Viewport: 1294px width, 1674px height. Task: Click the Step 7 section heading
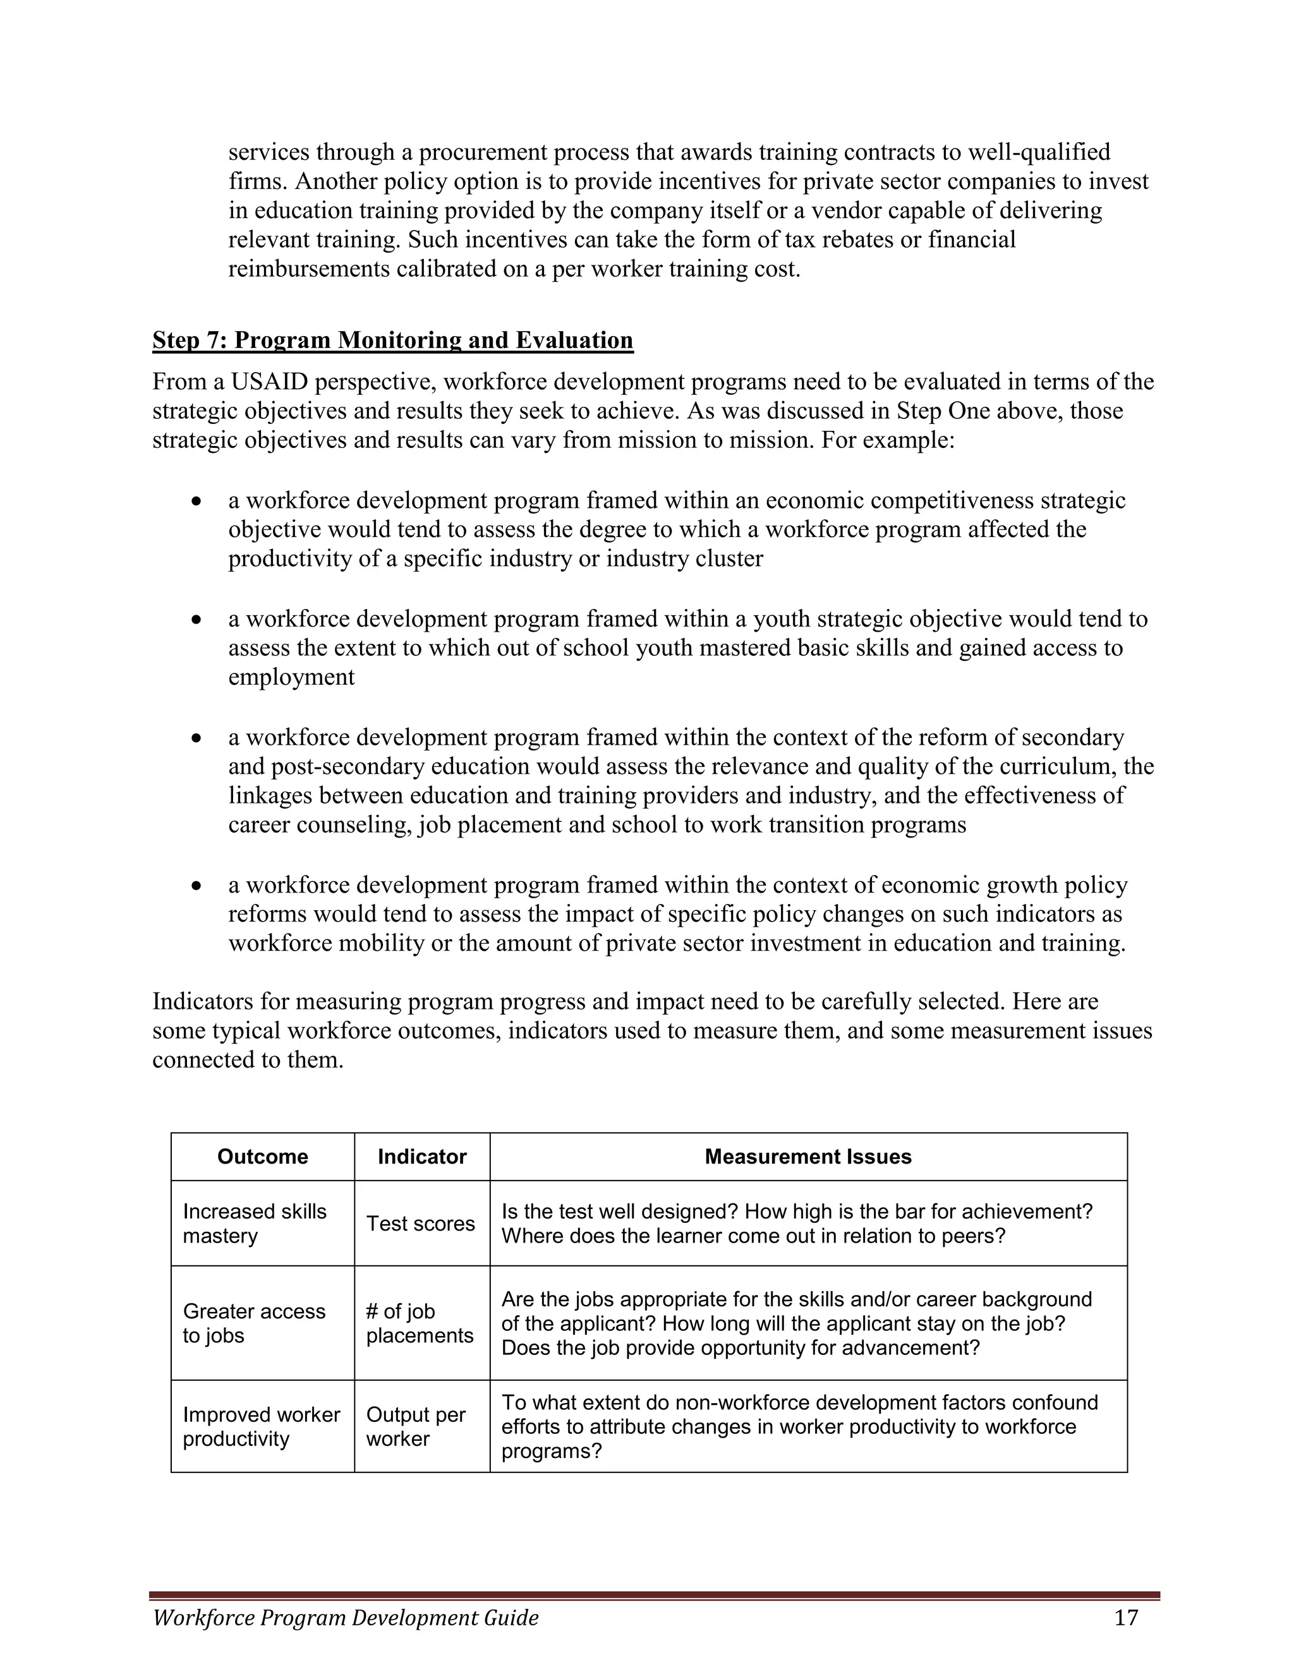[392, 340]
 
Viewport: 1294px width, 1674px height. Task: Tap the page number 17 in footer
[1126, 1617]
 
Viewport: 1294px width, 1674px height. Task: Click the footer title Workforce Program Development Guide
[346, 1618]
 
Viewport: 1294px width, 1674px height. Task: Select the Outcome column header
[262, 1157]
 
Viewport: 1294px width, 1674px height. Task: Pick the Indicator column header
[421, 1157]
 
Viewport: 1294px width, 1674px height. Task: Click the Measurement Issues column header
[808, 1157]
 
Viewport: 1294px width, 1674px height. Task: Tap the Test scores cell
[420, 1224]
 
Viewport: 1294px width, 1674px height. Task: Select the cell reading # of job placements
[420, 1323]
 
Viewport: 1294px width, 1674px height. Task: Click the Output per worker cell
[416, 1426]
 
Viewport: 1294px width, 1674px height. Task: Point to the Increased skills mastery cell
[255, 1224]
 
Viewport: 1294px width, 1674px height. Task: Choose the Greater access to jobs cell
[254, 1323]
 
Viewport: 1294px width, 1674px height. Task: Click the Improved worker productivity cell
[261, 1426]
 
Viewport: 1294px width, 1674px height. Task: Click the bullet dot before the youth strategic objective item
[198, 619]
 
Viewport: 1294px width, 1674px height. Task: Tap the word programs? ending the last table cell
[551, 1452]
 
